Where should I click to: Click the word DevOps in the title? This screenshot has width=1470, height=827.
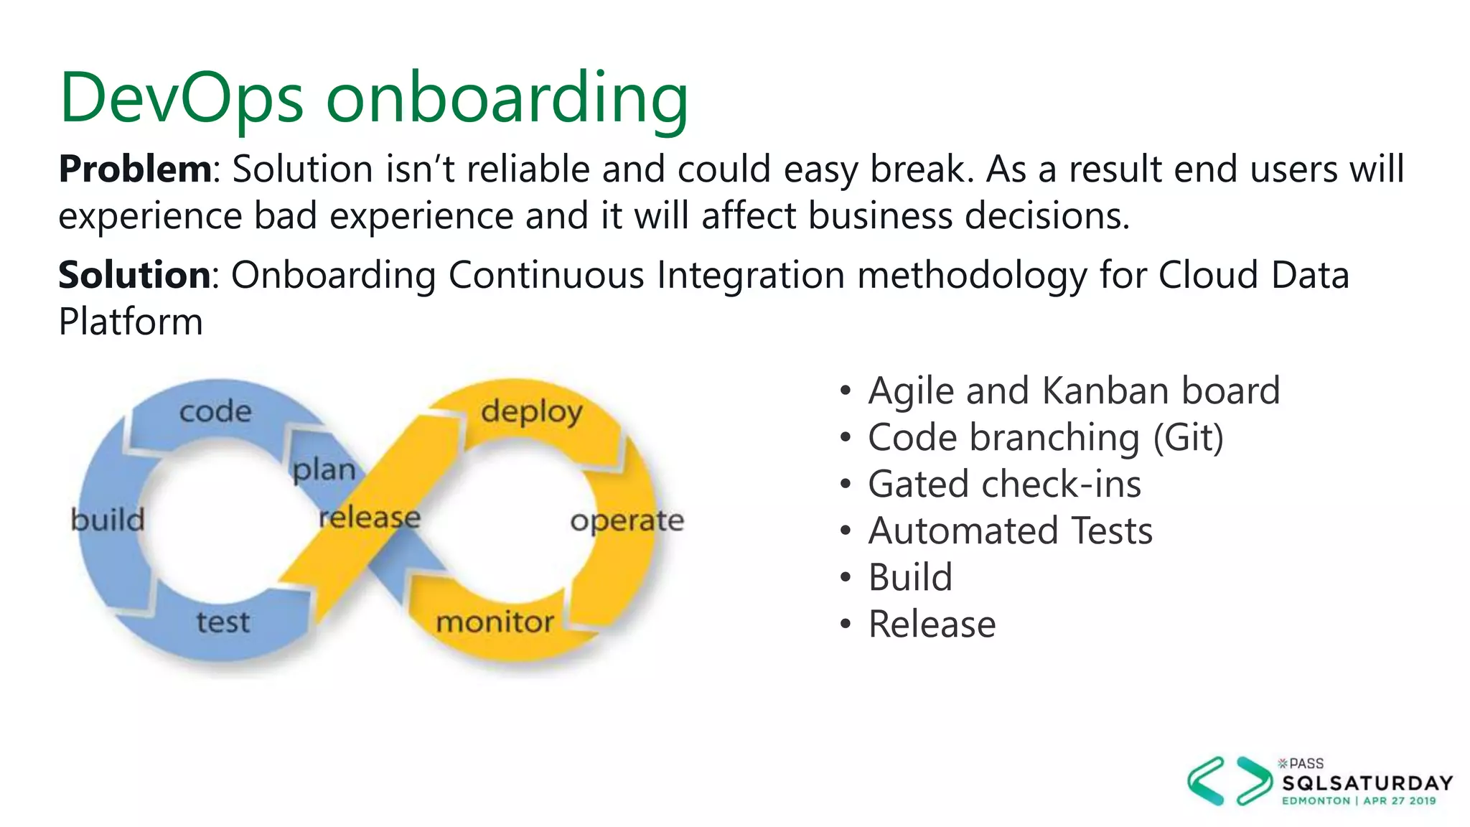(x=182, y=98)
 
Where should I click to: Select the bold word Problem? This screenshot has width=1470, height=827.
(x=135, y=169)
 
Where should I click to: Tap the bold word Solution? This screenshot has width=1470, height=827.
(x=134, y=275)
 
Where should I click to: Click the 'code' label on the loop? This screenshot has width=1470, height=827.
(x=215, y=411)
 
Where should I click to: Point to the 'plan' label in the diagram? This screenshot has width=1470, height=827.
(x=324, y=470)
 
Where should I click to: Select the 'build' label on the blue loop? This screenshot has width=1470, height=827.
(x=108, y=519)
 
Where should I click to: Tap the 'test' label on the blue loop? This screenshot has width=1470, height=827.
(x=223, y=622)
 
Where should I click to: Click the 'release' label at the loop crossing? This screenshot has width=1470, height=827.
(x=370, y=517)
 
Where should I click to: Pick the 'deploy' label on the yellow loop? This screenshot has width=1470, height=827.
(x=531, y=412)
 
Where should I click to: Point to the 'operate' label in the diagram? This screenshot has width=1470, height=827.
(x=627, y=521)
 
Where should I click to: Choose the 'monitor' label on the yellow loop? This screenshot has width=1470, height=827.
(x=495, y=622)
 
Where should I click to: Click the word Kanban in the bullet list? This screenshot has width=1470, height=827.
(x=1105, y=391)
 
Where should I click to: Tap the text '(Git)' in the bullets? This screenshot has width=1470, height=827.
(x=1188, y=438)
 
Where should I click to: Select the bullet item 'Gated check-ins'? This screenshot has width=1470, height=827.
(x=1004, y=485)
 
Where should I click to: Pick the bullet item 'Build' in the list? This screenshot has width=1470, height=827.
(x=910, y=578)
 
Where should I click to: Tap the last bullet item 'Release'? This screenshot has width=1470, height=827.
(x=932, y=625)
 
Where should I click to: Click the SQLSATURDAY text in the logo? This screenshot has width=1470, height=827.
(x=1367, y=782)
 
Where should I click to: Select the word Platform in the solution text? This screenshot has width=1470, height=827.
(x=131, y=322)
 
